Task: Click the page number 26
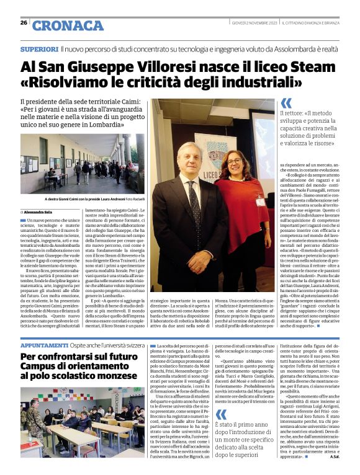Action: click(x=23, y=22)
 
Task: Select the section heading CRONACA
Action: click(x=68, y=25)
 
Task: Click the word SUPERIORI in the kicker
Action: click(x=39, y=48)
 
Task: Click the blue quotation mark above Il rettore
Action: click(x=286, y=103)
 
